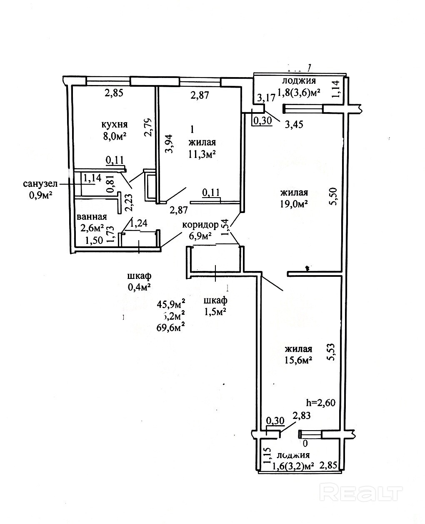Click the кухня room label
click(x=114, y=124)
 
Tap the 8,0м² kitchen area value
click(x=114, y=135)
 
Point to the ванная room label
click(x=92, y=217)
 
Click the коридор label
click(x=200, y=225)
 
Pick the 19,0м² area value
click(x=294, y=204)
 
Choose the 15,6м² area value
click(x=299, y=361)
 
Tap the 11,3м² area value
click(x=202, y=155)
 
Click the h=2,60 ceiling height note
click(x=320, y=403)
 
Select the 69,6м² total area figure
click(x=171, y=327)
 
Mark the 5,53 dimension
click(x=332, y=353)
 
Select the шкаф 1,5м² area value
click(x=215, y=311)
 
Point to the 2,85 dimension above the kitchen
click(x=114, y=93)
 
